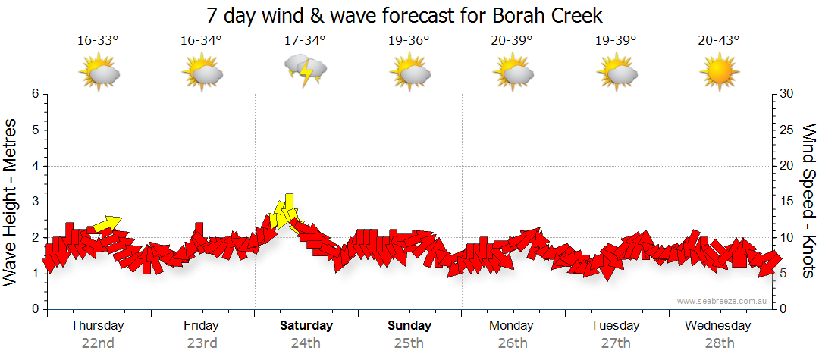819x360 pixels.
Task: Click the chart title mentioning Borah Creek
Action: coord(405,16)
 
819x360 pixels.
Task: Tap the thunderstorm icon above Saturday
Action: coord(305,71)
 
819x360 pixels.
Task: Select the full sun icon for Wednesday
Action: coord(718,73)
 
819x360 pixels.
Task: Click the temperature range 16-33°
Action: coord(98,41)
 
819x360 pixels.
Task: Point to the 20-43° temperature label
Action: coord(718,41)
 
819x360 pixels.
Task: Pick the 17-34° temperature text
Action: coord(305,41)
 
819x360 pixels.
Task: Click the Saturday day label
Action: coord(306,326)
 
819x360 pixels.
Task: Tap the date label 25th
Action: coord(409,343)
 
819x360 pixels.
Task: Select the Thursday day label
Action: coord(97,326)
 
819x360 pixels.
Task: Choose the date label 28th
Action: coord(718,343)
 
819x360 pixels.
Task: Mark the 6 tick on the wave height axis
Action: coord(34,94)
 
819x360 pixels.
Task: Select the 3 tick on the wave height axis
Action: coord(34,202)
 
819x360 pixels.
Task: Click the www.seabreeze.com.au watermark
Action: coord(722,301)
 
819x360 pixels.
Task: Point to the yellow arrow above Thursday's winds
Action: coord(106,224)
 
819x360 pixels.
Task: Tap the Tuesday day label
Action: coord(615,326)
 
